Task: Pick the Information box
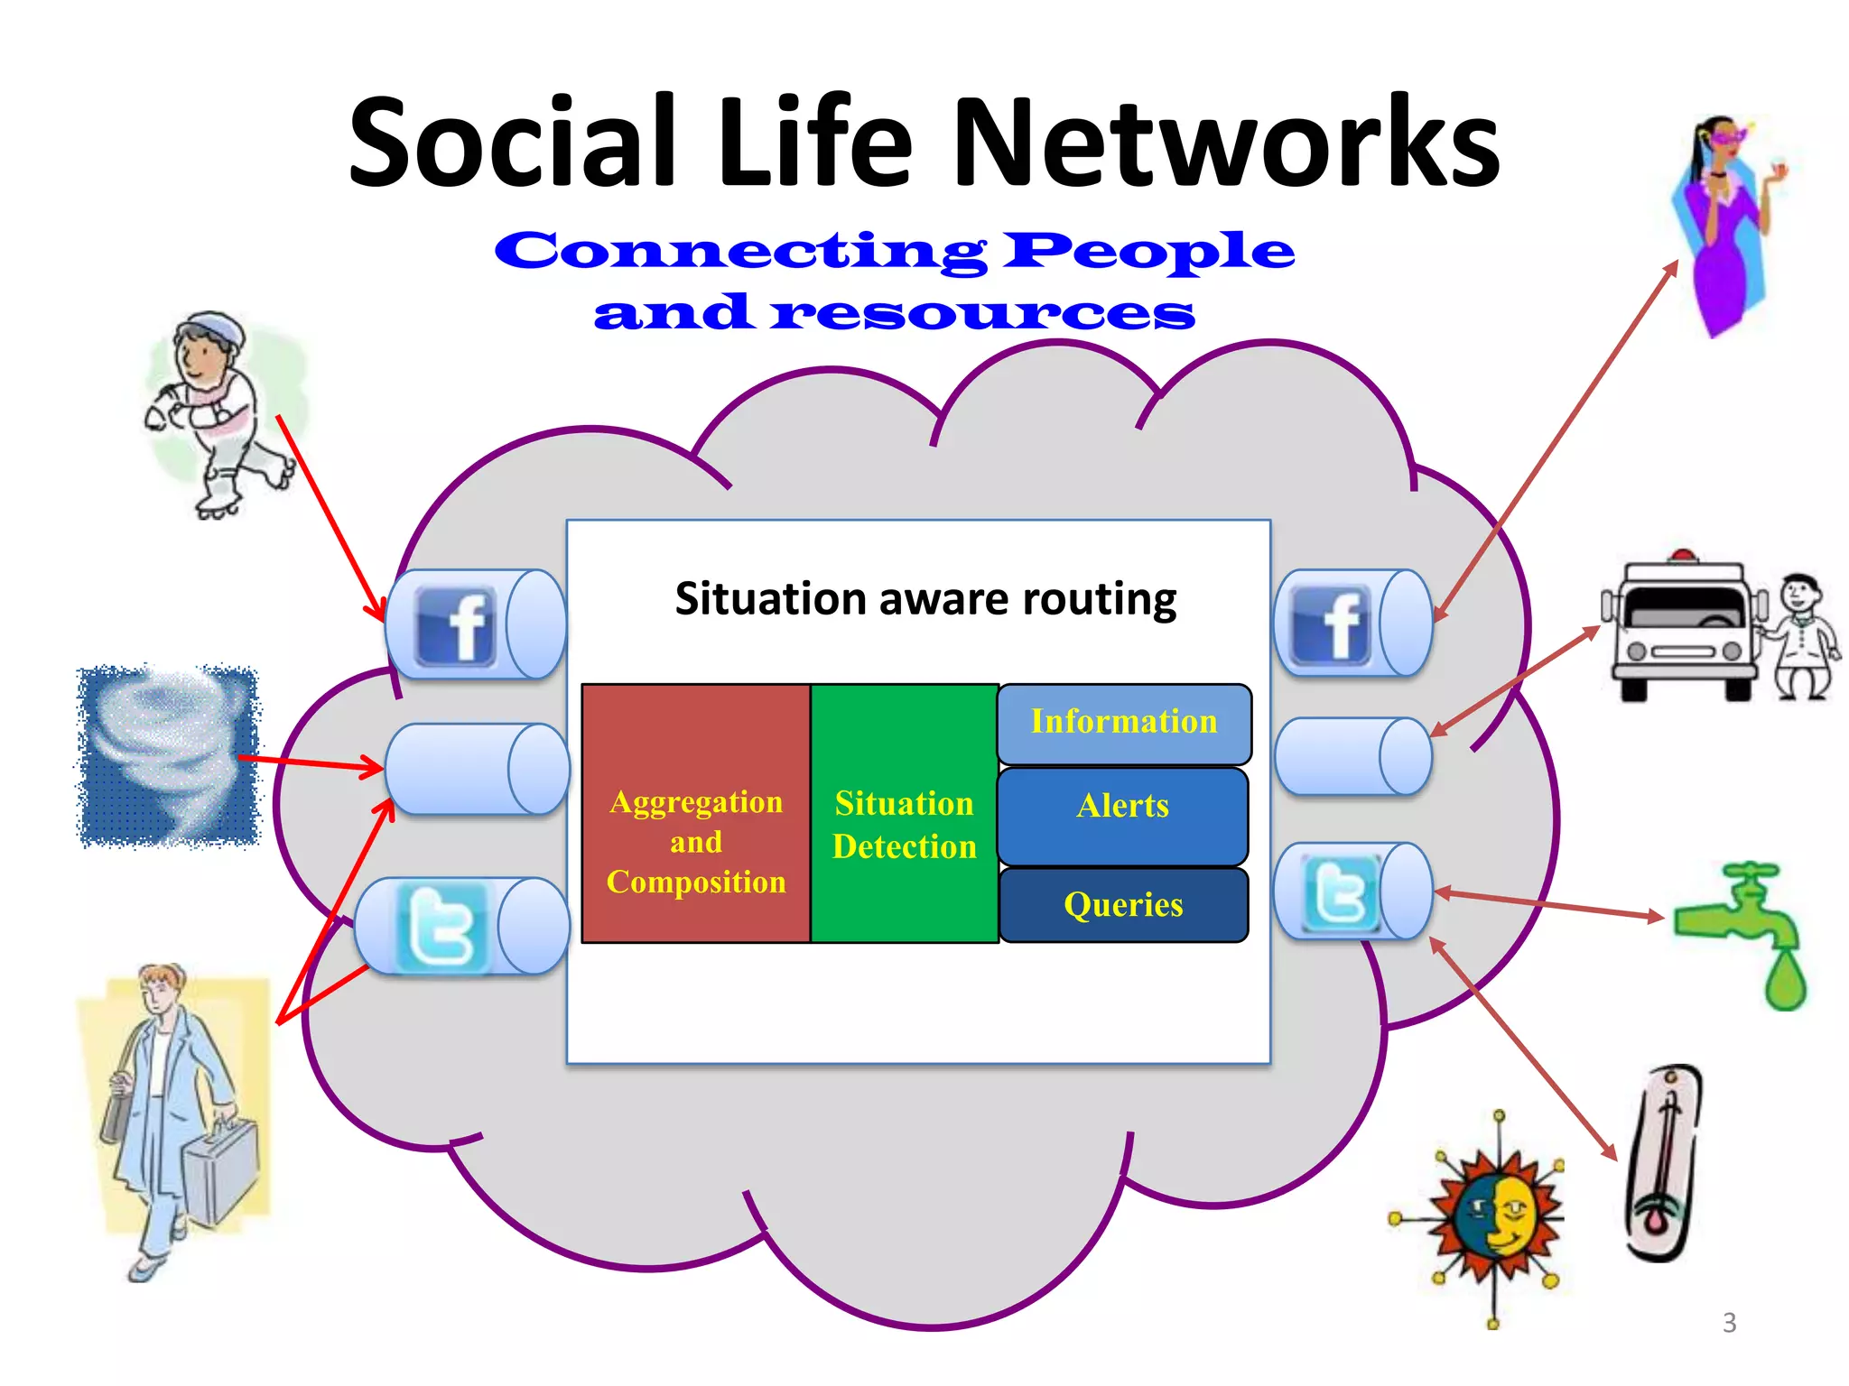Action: pos(1124,723)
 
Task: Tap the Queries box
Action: pos(1123,905)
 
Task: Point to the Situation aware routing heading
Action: pos(925,599)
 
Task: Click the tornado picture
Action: pos(168,756)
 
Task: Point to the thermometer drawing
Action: pos(1664,1164)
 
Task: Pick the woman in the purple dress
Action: pos(1725,226)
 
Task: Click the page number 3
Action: pos(1729,1323)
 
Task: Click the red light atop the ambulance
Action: pos(1682,555)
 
